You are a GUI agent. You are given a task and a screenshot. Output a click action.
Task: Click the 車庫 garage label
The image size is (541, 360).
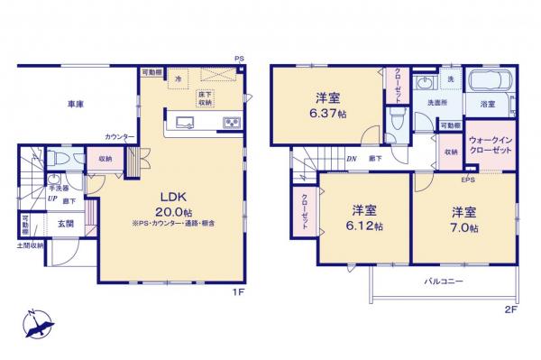74,104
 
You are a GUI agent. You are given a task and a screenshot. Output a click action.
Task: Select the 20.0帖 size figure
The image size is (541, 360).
173,212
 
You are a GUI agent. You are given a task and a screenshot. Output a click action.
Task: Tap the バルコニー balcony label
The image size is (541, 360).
445,281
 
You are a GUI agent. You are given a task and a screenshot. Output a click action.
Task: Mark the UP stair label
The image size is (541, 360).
53,201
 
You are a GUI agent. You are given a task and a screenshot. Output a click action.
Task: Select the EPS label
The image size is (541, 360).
468,180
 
